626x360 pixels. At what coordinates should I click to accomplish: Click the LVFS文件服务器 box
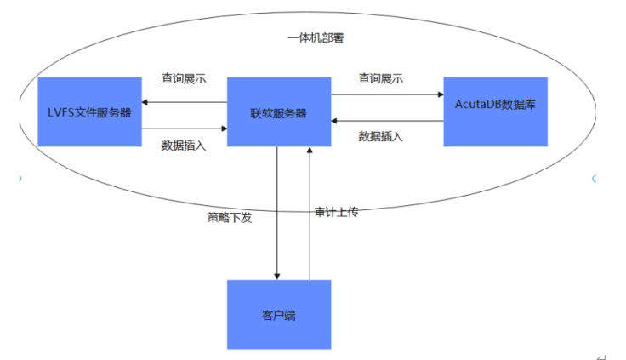[x=89, y=111]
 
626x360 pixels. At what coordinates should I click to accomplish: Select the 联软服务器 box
[x=279, y=111]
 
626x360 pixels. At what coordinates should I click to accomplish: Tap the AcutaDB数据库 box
[x=495, y=111]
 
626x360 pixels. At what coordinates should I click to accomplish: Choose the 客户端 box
[x=279, y=315]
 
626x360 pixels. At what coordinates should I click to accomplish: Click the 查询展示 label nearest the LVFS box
[x=184, y=78]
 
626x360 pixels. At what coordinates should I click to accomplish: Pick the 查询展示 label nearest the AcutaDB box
[x=380, y=78]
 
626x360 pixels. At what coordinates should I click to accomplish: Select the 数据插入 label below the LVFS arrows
[x=184, y=145]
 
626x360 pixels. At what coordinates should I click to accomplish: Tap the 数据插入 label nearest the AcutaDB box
[x=380, y=136]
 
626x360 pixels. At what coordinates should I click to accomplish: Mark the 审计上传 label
[x=336, y=212]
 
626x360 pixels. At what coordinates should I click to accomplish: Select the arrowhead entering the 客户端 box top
[x=277, y=276]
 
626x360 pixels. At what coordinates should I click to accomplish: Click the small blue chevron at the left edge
[x=20, y=179]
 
